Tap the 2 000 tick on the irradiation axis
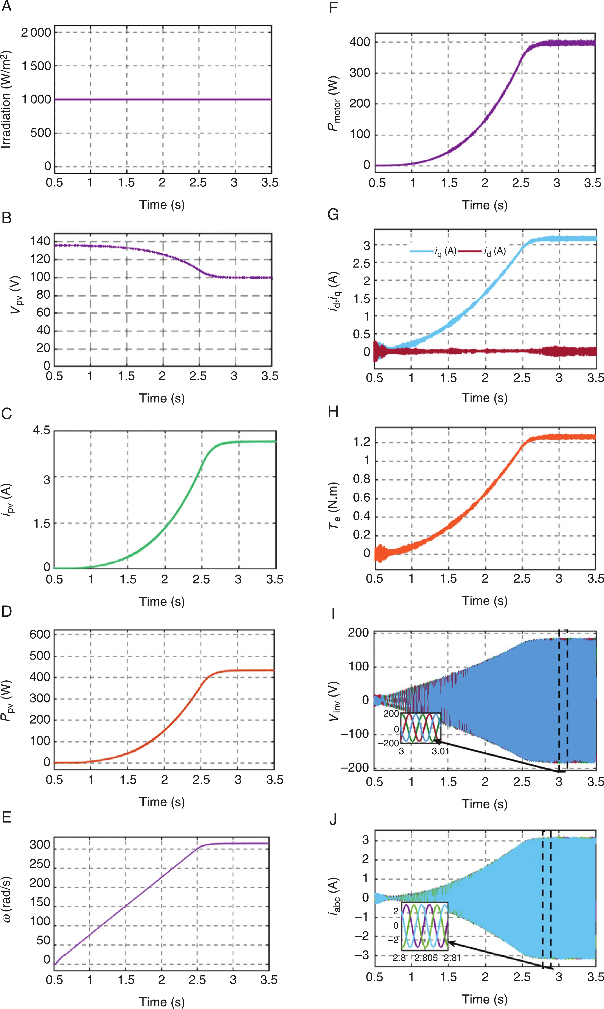36,33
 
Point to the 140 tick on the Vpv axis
40,241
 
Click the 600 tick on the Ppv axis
40,634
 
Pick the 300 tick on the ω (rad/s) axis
40,845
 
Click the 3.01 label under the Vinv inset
440,751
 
